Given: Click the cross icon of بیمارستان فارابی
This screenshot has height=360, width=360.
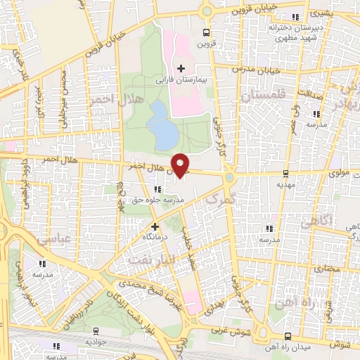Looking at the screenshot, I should tap(181, 68).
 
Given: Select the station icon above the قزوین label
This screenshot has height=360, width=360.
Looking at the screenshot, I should tap(205, 32).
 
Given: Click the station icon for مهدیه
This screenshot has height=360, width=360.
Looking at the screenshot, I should tap(285, 173).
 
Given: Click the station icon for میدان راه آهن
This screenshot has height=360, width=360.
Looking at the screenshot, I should tap(288, 337).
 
